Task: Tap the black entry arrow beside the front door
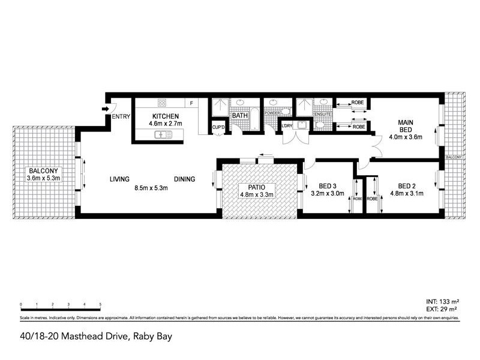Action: point(106,109)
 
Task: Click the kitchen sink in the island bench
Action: point(163,135)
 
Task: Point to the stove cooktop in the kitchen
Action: point(161,102)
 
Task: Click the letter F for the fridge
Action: point(191,103)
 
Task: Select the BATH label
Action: point(240,116)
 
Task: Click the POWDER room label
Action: point(273,112)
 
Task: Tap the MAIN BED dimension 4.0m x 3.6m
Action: point(406,137)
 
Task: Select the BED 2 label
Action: point(406,185)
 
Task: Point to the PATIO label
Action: point(260,187)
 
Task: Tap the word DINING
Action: point(186,179)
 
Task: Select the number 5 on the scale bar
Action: point(100,305)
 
